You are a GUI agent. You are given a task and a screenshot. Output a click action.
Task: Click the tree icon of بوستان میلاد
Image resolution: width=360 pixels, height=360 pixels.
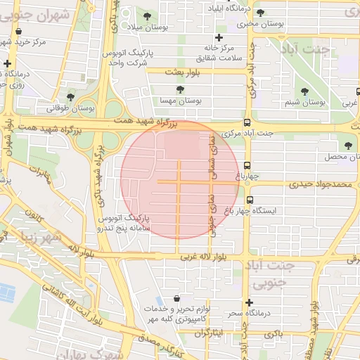[x=147, y=16]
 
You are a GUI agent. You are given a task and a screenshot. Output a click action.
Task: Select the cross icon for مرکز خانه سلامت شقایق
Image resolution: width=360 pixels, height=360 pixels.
[x=219, y=37]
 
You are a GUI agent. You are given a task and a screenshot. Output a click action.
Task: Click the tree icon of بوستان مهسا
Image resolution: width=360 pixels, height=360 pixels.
[x=181, y=89]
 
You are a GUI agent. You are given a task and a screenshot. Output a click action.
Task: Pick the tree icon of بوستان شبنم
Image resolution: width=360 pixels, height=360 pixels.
[x=304, y=91]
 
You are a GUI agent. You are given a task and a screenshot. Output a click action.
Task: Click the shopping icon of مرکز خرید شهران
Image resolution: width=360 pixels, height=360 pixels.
[x=19, y=31]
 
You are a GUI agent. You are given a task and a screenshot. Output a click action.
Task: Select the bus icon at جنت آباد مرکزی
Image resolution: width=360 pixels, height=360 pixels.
[x=246, y=122]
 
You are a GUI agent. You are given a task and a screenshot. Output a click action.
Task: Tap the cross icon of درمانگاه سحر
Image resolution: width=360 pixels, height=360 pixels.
[x=248, y=302]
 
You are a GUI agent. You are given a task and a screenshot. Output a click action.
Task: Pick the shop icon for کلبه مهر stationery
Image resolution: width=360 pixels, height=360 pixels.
[x=185, y=298]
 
